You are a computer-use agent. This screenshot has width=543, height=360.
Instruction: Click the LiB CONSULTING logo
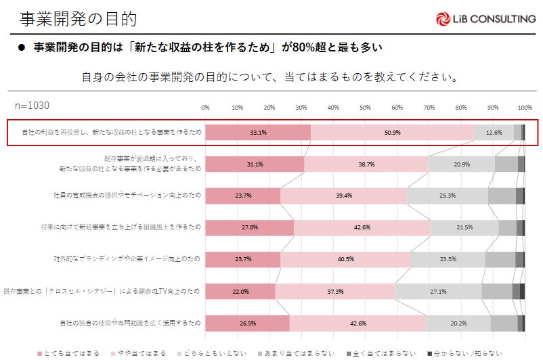click(x=485, y=19)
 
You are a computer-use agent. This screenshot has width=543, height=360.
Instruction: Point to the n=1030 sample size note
click(x=32, y=106)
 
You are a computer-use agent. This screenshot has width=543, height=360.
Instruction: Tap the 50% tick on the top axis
click(x=365, y=108)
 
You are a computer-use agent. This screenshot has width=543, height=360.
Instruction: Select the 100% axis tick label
click(x=524, y=108)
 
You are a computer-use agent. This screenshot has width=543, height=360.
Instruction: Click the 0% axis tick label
click(x=206, y=108)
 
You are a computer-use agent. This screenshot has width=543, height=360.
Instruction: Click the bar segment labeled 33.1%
click(x=258, y=133)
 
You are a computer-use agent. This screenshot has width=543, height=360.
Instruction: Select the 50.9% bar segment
click(x=392, y=133)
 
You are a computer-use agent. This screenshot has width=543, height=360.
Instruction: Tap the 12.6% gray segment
click(x=494, y=133)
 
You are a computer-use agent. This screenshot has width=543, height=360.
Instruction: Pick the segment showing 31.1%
click(x=255, y=164)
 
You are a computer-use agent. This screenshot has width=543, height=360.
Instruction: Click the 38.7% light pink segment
click(x=366, y=164)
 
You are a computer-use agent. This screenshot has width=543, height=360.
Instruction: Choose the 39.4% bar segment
click(x=344, y=196)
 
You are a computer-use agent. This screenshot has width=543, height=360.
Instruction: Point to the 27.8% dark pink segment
click(x=250, y=227)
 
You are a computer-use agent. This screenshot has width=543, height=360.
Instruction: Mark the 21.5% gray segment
click(x=464, y=227)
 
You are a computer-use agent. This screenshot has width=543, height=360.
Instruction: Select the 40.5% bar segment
click(x=345, y=259)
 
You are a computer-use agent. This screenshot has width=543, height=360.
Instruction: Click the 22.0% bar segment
click(x=240, y=292)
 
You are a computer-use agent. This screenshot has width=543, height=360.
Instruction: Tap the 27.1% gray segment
click(x=437, y=292)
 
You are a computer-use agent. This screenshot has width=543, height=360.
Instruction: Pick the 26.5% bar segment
click(x=247, y=323)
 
